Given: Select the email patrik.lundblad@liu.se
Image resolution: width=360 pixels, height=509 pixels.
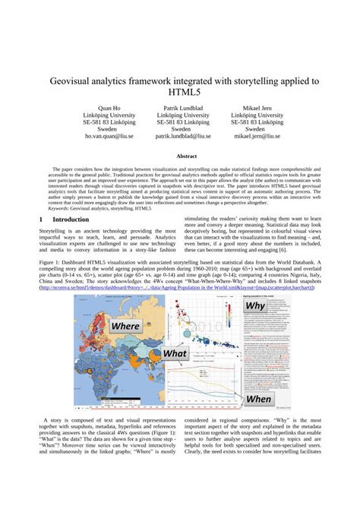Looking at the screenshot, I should click(x=183, y=137).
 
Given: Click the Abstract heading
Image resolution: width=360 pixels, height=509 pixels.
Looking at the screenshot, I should click(x=181, y=156).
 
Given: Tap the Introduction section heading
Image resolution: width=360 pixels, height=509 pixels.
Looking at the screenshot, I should click(x=71, y=219).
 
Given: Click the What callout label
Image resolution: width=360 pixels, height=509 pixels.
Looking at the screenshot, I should click(x=175, y=353).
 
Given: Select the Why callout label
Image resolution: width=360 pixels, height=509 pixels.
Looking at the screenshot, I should click(x=253, y=306).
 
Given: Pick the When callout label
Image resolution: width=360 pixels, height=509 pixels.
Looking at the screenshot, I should click(x=259, y=398).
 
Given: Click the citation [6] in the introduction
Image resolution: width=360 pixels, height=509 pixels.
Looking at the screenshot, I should click(x=282, y=248).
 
